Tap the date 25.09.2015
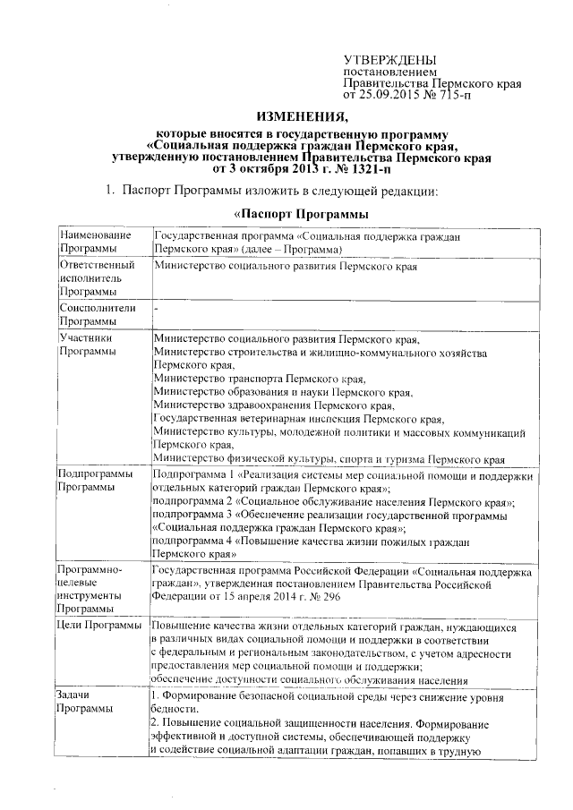[x=386, y=92]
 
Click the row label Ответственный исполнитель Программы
[x=97, y=278]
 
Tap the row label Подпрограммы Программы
[x=96, y=481]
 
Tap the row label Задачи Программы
[x=85, y=703]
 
